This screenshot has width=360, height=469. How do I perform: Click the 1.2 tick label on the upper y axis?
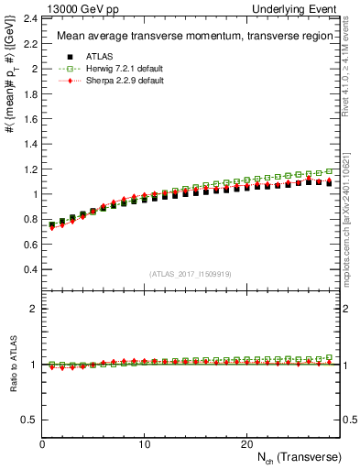click(x=28, y=169)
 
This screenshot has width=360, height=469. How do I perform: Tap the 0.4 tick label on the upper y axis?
click(x=28, y=270)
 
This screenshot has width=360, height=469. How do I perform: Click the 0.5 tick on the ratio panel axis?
click(x=28, y=420)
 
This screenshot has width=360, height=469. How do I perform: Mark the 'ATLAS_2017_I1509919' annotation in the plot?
click(x=191, y=273)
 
